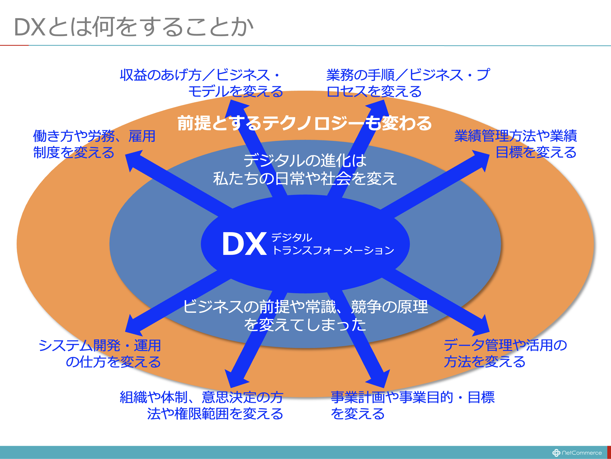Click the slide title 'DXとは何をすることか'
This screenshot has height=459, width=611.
(x=133, y=27)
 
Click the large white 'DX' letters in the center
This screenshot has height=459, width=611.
(x=244, y=244)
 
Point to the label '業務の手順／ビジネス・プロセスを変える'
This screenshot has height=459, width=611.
(x=408, y=83)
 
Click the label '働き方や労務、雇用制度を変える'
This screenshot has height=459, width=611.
(x=94, y=144)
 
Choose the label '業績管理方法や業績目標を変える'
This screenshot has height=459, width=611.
(x=515, y=144)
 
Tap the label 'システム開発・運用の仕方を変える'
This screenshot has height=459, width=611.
(x=100, y=354)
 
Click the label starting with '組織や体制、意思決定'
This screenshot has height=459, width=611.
(x=202, y=405)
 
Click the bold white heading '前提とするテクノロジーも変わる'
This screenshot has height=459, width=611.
(x=304, y=123)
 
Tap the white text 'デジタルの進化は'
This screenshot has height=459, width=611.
(x=305, y=160)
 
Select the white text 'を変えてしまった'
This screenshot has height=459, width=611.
(x=305, y=324)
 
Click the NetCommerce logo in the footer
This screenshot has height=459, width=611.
(x=577, y=453)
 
